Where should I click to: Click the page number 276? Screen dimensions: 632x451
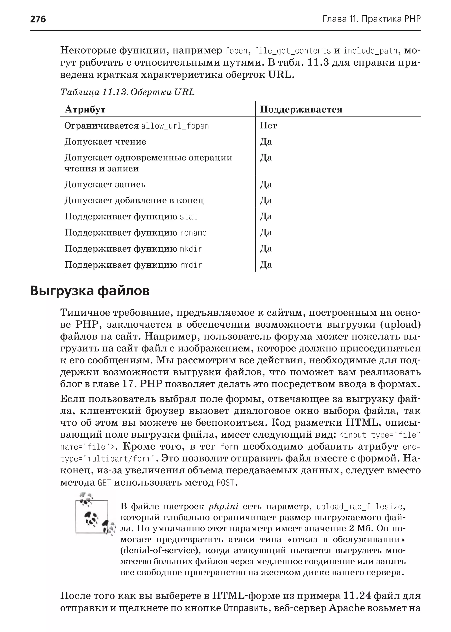[x=38, y=19]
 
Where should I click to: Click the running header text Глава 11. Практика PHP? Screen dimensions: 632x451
[x=372, y=19]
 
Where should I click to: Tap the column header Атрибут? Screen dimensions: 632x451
[x=85, y=110]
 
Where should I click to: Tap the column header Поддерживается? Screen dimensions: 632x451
[x=301, y=110]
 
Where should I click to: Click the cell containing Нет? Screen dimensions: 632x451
[x=268, y=126]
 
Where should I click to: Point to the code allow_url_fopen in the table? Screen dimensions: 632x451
[x=175, y=126]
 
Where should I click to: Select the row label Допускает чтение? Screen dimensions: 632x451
[x=105, y=142]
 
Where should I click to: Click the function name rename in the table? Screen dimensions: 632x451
[x=193, y=233]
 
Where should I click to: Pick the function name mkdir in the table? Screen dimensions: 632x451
[x=191, y=249]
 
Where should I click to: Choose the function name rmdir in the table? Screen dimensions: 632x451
[x=191, y=265]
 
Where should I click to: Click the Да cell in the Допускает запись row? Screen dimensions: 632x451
[x=266, y=184]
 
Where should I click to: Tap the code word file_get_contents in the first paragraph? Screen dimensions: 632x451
[x=293, y=51]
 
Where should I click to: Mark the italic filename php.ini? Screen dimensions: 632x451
[x=223, y=507]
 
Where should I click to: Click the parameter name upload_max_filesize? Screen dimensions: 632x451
[x=359, y=507]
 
